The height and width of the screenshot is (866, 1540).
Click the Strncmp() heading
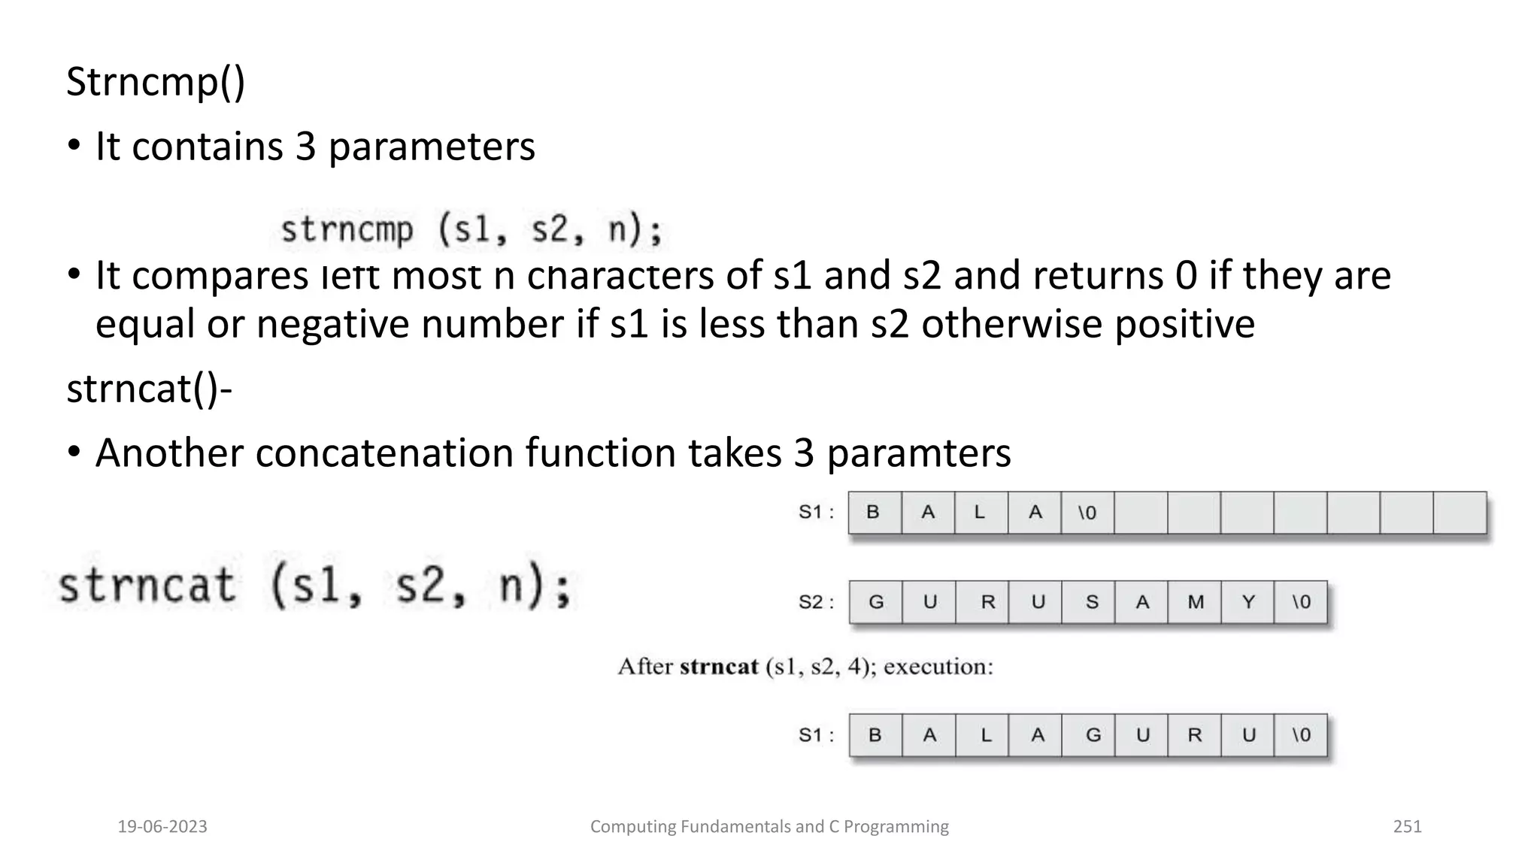pos(156,82)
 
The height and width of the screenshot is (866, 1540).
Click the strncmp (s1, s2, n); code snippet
pos(471,229)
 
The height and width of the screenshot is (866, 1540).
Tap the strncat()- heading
pos(149,389)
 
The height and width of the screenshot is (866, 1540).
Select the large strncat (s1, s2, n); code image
pos(314,586)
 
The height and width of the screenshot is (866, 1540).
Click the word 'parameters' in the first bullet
pos(432,147)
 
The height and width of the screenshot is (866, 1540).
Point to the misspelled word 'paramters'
pos(918,453)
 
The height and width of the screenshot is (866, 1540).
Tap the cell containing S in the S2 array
pos(1092,602)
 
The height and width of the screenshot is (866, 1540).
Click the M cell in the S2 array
pos(1196,602)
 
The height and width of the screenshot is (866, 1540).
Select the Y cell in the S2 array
pos(1248,602)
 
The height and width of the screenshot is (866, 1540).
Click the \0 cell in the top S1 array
pos(1087,513)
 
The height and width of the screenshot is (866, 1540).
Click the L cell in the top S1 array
pos(980,513)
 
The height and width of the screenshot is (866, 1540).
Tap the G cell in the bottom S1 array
pos(1093,735)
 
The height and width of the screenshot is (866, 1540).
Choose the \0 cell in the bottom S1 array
pos(1301,735)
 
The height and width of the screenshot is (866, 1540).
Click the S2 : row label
pos(816,602)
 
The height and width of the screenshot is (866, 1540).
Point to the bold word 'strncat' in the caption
pos(719,667)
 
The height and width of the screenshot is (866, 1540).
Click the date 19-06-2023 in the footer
pos(162,827)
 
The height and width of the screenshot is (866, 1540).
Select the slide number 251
pos(1408,827)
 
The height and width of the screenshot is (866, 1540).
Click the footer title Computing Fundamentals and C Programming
pos(769,827)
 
